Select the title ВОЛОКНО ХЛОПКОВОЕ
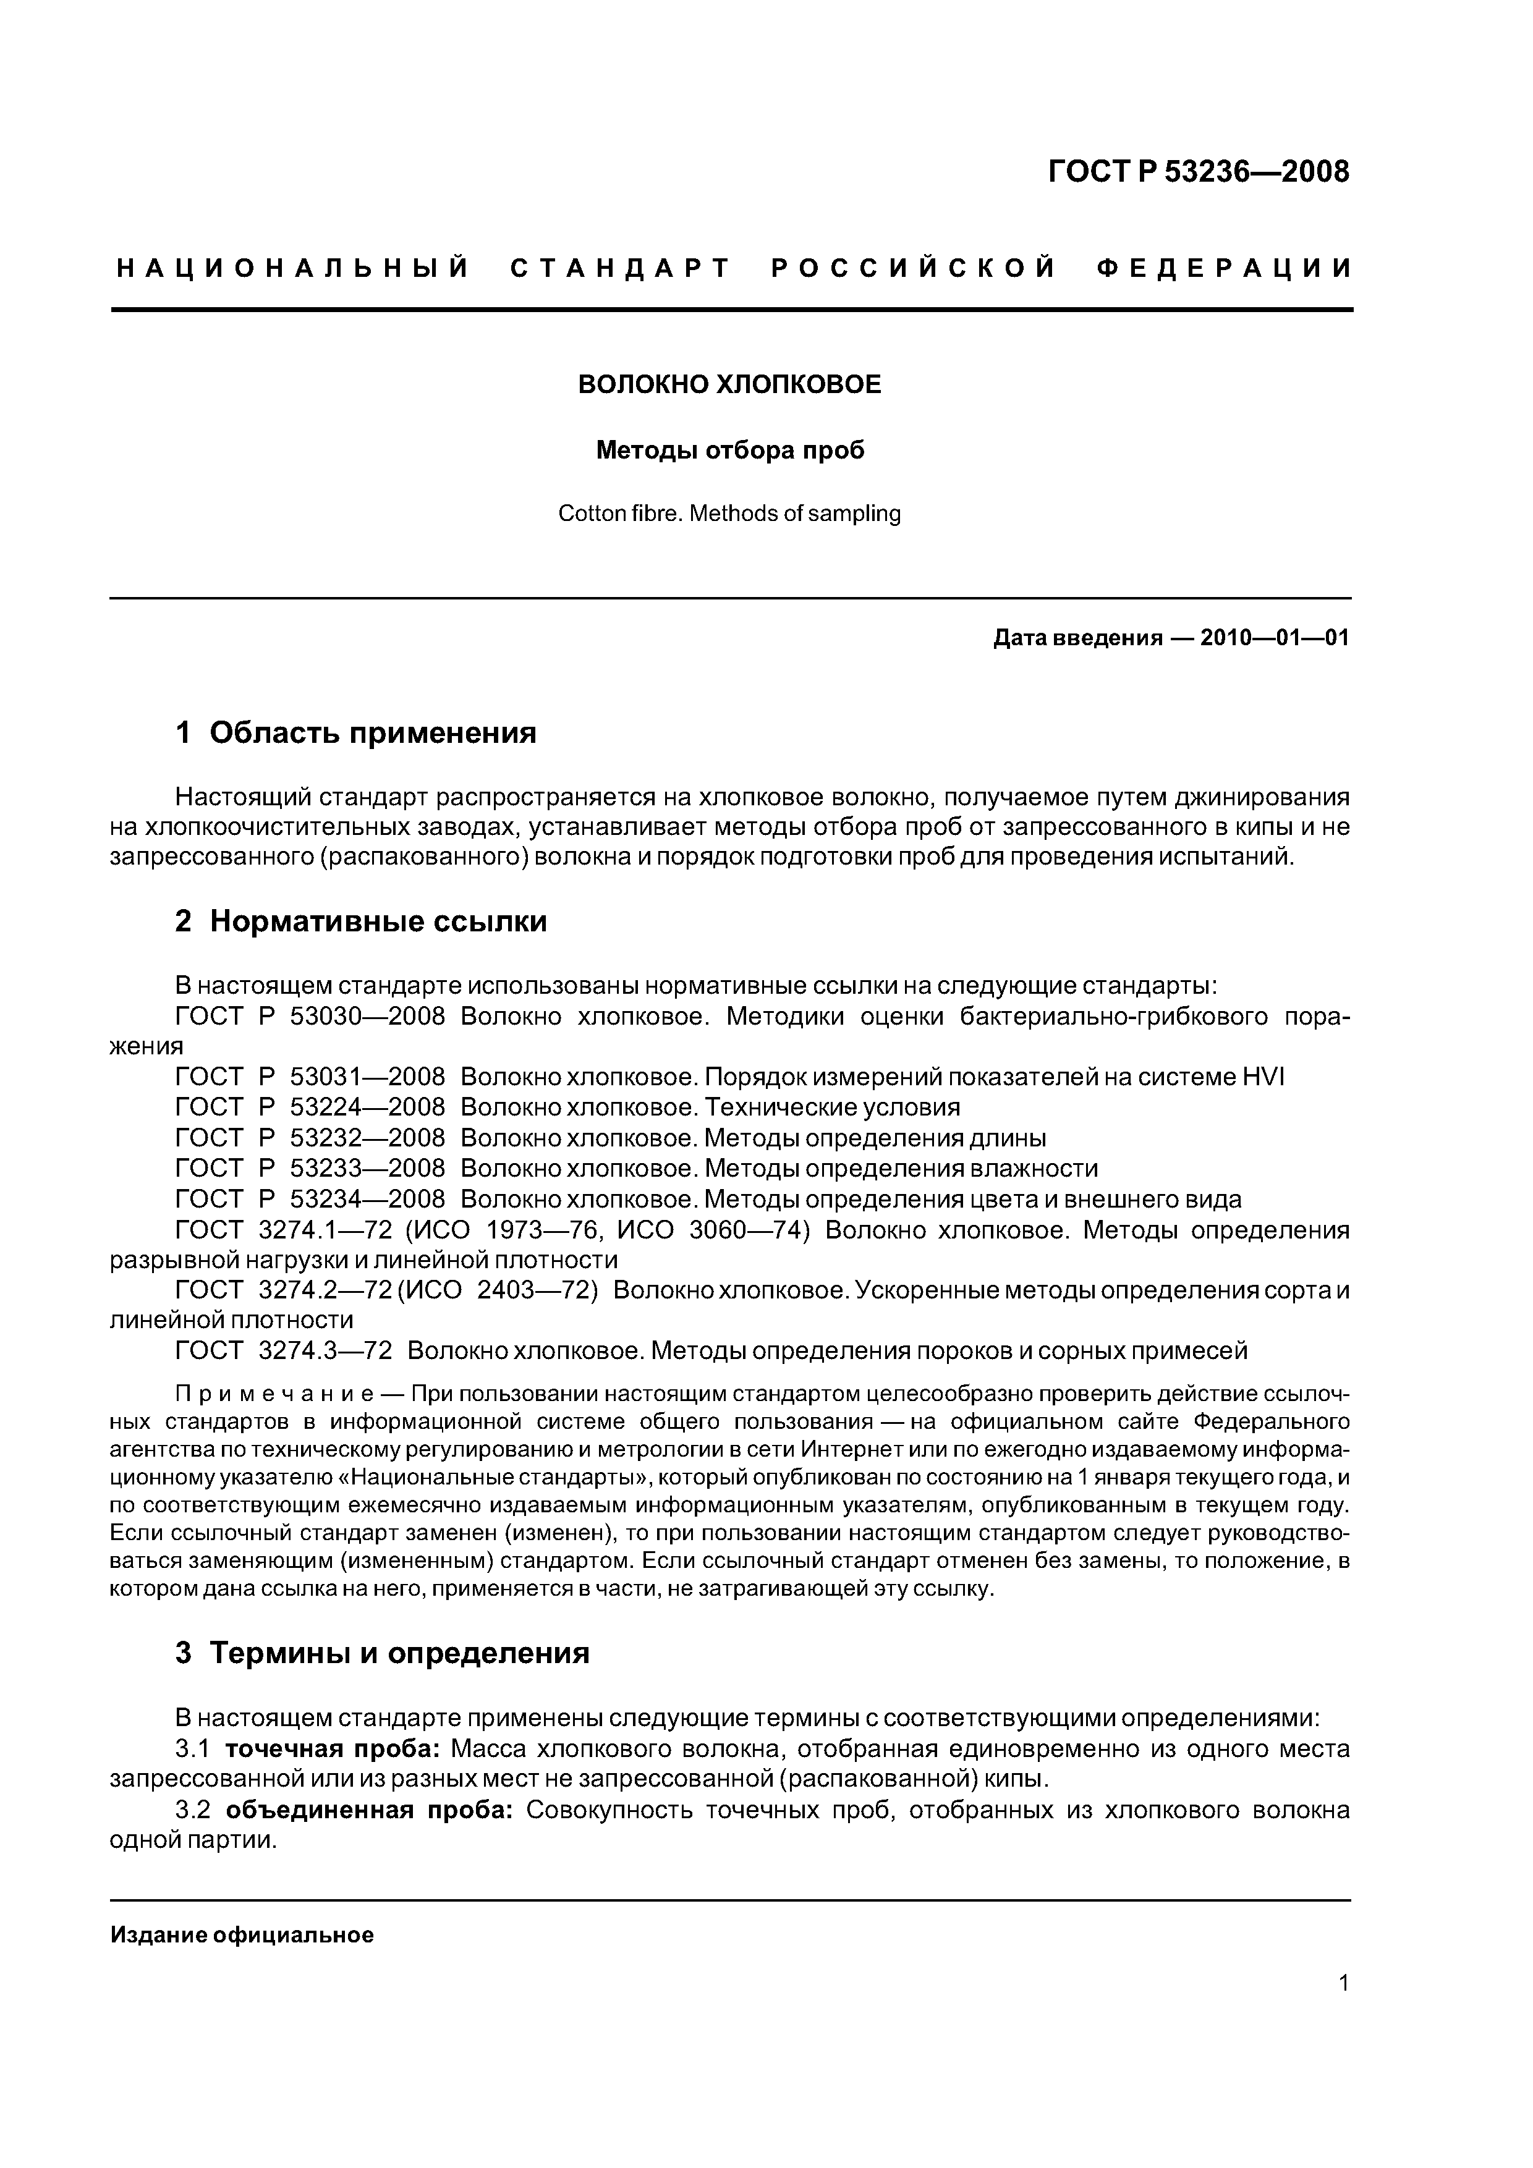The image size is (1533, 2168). tap(729, 385)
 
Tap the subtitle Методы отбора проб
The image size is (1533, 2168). tap(729, 451)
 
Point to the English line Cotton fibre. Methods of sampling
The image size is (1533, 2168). tap(729, 514)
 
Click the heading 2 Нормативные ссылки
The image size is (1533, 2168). tap(361, 921)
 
